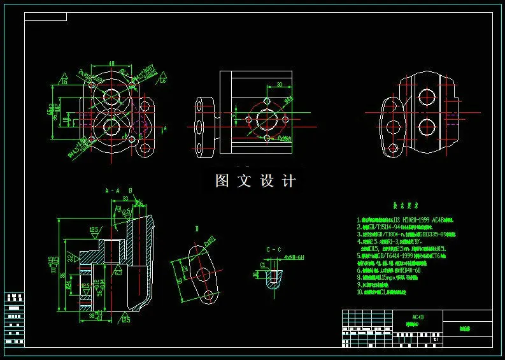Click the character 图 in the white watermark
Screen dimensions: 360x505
(222, 181)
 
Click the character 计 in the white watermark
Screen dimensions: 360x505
(289, 181)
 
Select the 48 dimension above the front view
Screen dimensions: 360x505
(111, 64)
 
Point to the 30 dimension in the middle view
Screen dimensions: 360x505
(279, 84)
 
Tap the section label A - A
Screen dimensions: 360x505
(112, 190)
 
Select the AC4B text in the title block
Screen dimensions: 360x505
(418, 317)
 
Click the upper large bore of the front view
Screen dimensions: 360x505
(112, 97)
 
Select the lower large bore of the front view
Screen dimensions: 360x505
(112, 127)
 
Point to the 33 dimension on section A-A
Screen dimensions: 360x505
(125, 199)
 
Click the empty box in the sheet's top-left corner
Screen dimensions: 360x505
(45, 17)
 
